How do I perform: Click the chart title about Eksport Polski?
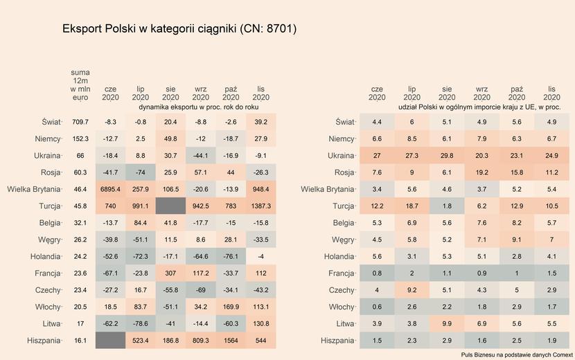pos(179,29)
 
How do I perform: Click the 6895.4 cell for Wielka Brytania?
pos(110,189)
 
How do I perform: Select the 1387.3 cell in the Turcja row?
pos(261,206)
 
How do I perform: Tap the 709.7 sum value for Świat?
pos(80,122)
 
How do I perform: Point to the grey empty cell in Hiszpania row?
pos(110,341)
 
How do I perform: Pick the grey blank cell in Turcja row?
pos(170,206)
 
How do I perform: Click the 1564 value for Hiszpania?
pos(231,341)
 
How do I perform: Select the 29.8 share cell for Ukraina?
pos(447,156)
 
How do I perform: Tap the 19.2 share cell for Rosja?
pos(481,172)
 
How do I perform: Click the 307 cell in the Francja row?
pos(170,273)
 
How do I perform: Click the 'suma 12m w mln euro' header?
pos(80,84)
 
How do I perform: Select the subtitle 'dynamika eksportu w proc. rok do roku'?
pos(199,108)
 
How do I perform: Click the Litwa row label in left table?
pos(51,323)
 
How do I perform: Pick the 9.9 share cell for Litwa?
pos(447,323)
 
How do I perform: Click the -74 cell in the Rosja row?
pos(141,172)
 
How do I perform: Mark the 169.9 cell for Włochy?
pos(231,307)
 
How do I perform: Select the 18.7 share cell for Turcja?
pos(412,206)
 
